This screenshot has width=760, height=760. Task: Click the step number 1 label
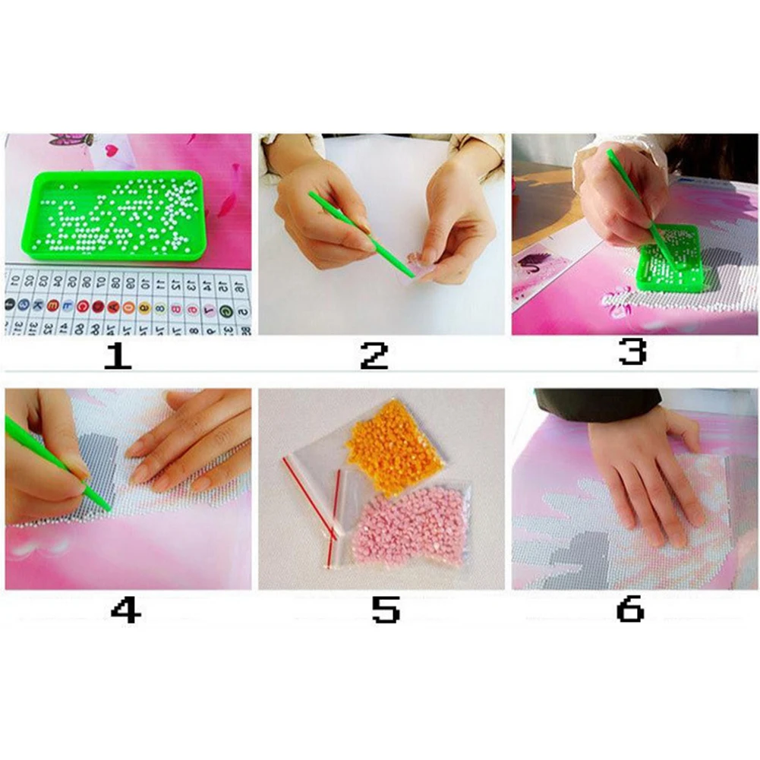click(x=118, y=355)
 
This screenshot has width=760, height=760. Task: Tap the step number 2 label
click(x=374, y=355)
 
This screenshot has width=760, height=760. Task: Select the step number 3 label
click(x=632, y=352)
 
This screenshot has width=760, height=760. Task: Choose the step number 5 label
click(x=385, y=609)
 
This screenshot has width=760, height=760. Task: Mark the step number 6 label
click(x=630, y=609)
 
